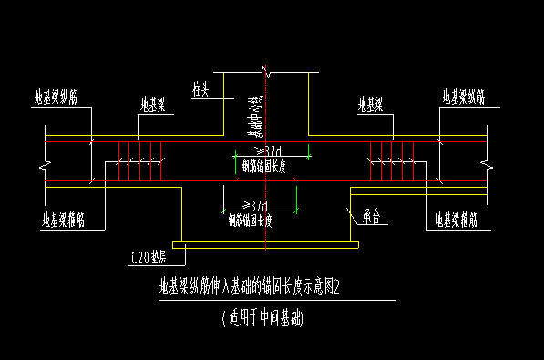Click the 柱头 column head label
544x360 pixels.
point(201,89)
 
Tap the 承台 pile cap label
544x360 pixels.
point(370,218)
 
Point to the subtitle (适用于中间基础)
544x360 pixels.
point(262,319)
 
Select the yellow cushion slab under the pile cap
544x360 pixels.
point(264,244)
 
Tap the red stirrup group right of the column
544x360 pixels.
point(390,161)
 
